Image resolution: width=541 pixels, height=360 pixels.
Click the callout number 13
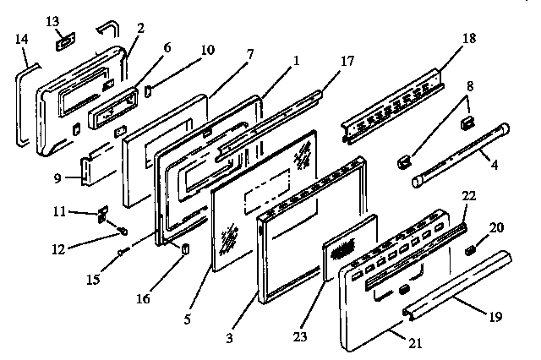click(52, 19)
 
